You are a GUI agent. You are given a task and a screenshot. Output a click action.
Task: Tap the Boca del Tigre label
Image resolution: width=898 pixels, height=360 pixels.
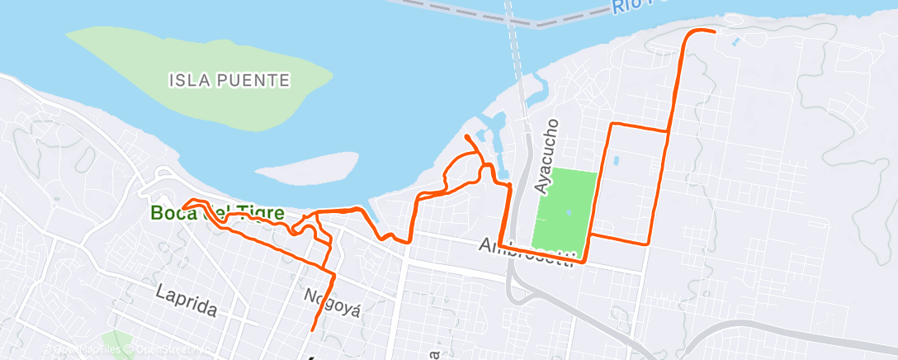pyautogui.click(x=217, y=212)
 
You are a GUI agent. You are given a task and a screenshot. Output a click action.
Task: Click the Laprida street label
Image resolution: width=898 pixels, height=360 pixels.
pyautogui.click(x=187, y=300)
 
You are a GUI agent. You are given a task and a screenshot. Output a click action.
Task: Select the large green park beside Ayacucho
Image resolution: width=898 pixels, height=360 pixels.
pyautogui.click(x=565, y=210)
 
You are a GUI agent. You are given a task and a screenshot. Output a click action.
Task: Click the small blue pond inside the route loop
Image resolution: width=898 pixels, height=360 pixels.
pyautogui.click(x=615, y=161)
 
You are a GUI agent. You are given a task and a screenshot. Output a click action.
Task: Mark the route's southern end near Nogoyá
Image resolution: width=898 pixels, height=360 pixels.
pyautogui.click(x=313, y=330)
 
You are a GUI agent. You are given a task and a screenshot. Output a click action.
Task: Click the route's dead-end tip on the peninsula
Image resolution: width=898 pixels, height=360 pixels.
pyautogui.click(x=467, y=135)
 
